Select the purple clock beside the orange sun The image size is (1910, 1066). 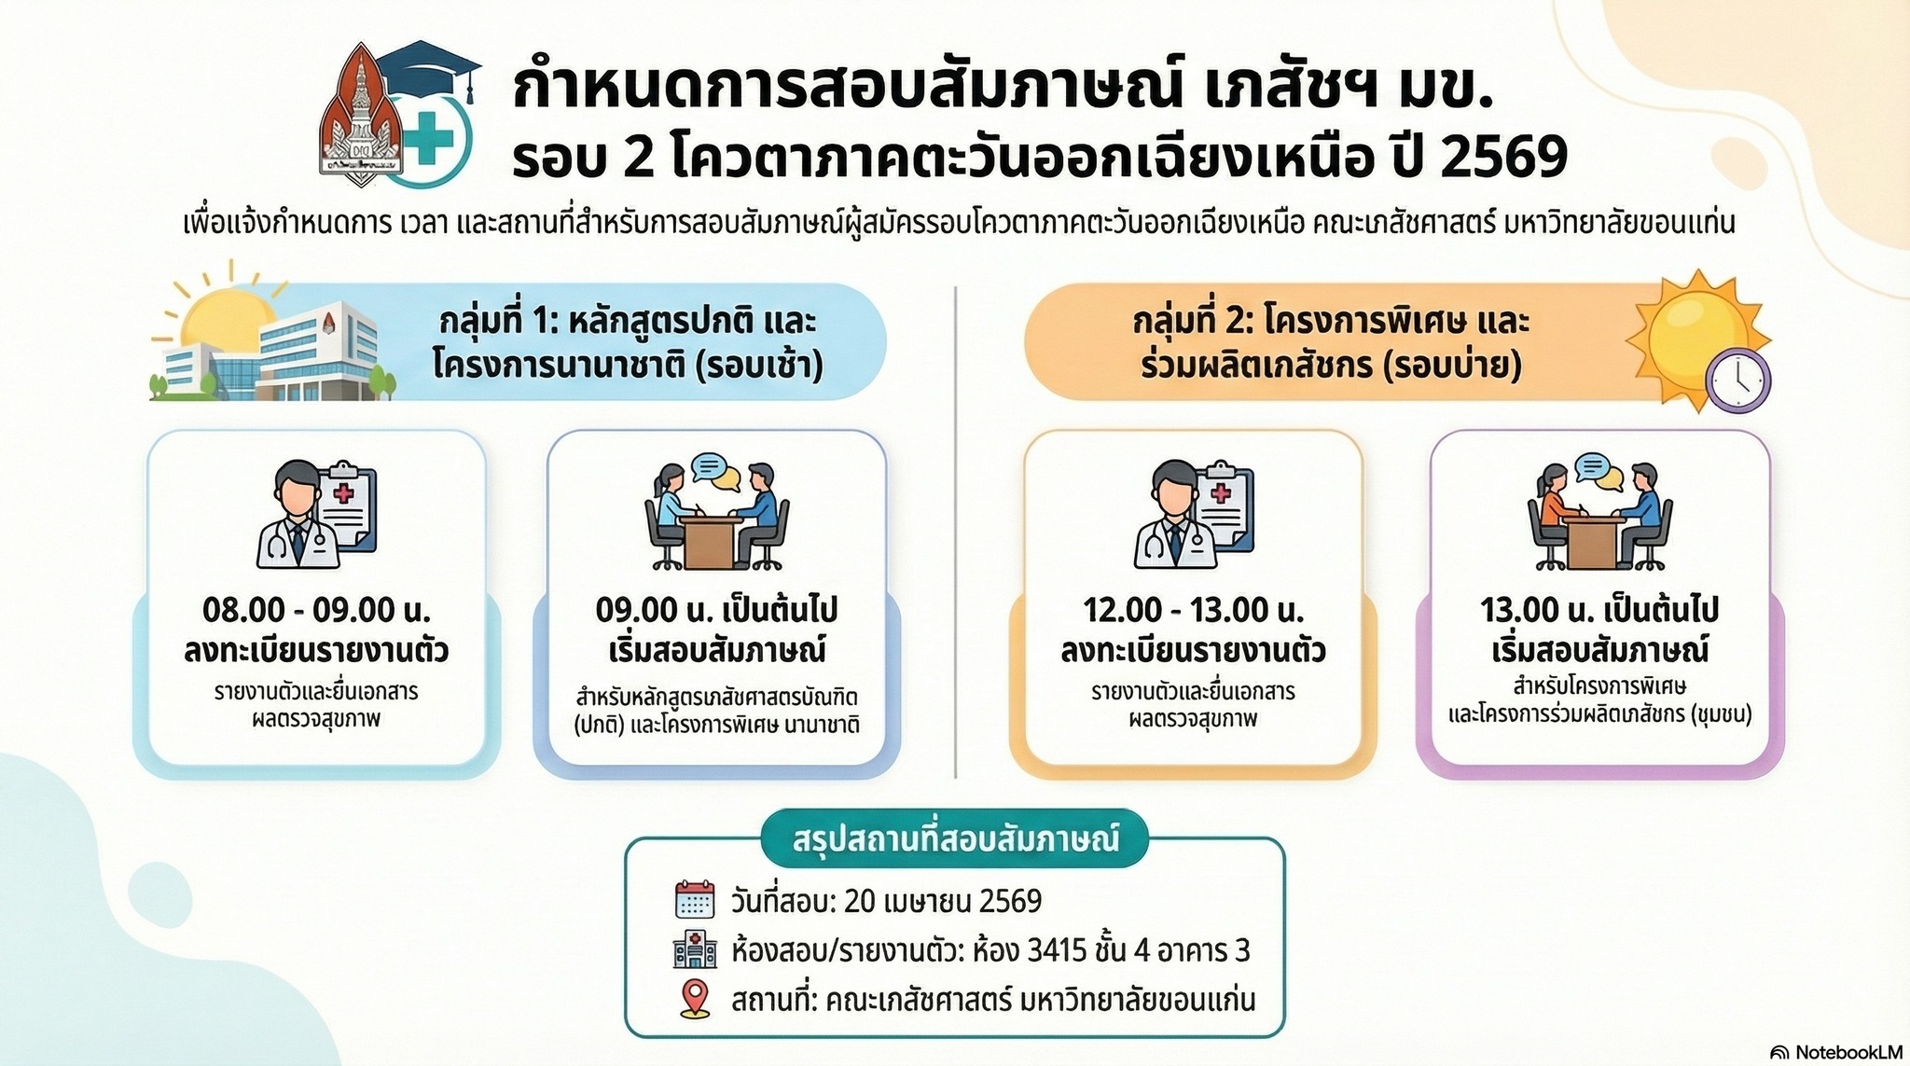point(1737,381)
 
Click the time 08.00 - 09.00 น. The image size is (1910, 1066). point(316,610)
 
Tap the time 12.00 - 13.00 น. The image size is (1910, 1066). point(1193,610)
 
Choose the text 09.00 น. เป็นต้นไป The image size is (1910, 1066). point(716,610)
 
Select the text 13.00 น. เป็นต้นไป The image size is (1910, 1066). point(1599,610)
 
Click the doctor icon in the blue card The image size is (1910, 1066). point(316,514)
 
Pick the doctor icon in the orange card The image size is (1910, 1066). point(1194,514)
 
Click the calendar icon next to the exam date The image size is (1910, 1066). point(694,900)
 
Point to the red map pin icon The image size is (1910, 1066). point(696,999)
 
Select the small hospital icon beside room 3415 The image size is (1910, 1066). point(695,949)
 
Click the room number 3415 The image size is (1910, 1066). point(1057,950)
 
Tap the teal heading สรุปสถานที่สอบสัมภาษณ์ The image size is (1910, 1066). point(955,838)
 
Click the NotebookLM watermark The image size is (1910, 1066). point(1835,1051)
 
